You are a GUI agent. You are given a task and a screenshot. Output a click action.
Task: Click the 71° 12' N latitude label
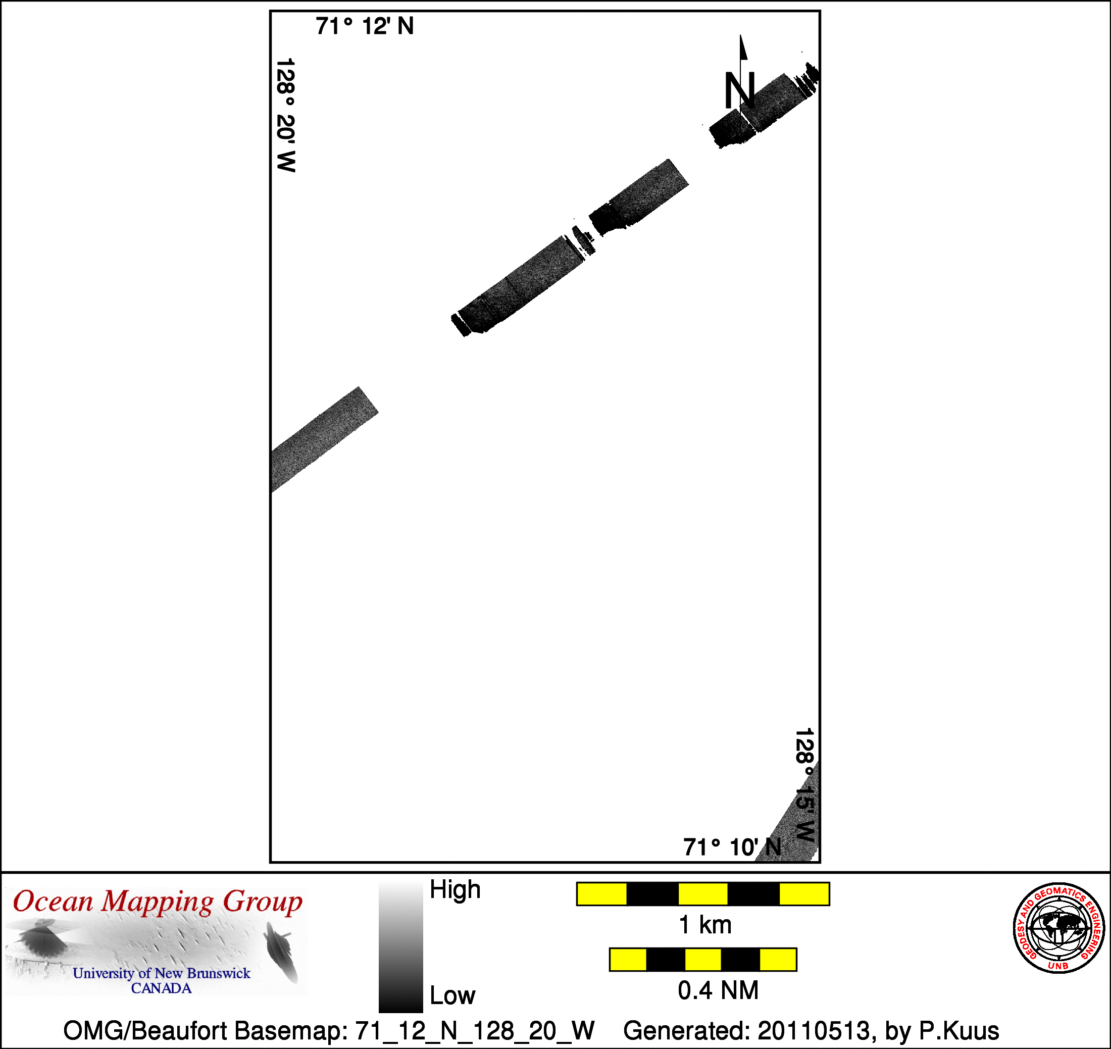pyautogui.click(x=365, y=26)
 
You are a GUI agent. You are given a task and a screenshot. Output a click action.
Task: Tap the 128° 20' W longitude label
pyautogui.click(x=286, y=115)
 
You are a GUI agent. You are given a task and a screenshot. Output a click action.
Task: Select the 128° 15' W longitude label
pyautogui.click(x=804, y=785)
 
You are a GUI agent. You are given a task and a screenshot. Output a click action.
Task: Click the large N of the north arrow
pyautogui.click(x=739, y=90)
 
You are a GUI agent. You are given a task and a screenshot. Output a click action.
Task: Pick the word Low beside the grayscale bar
pyautogui.click(x=452, y=996)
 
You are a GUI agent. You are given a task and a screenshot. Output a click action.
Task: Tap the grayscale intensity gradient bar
pyautogui.click(x=400, y=947)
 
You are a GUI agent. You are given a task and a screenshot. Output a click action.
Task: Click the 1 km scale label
pyautogui.click(x=705, y=925)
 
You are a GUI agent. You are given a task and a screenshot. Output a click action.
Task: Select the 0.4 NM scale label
pyautogui.click(x=718, y=990)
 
